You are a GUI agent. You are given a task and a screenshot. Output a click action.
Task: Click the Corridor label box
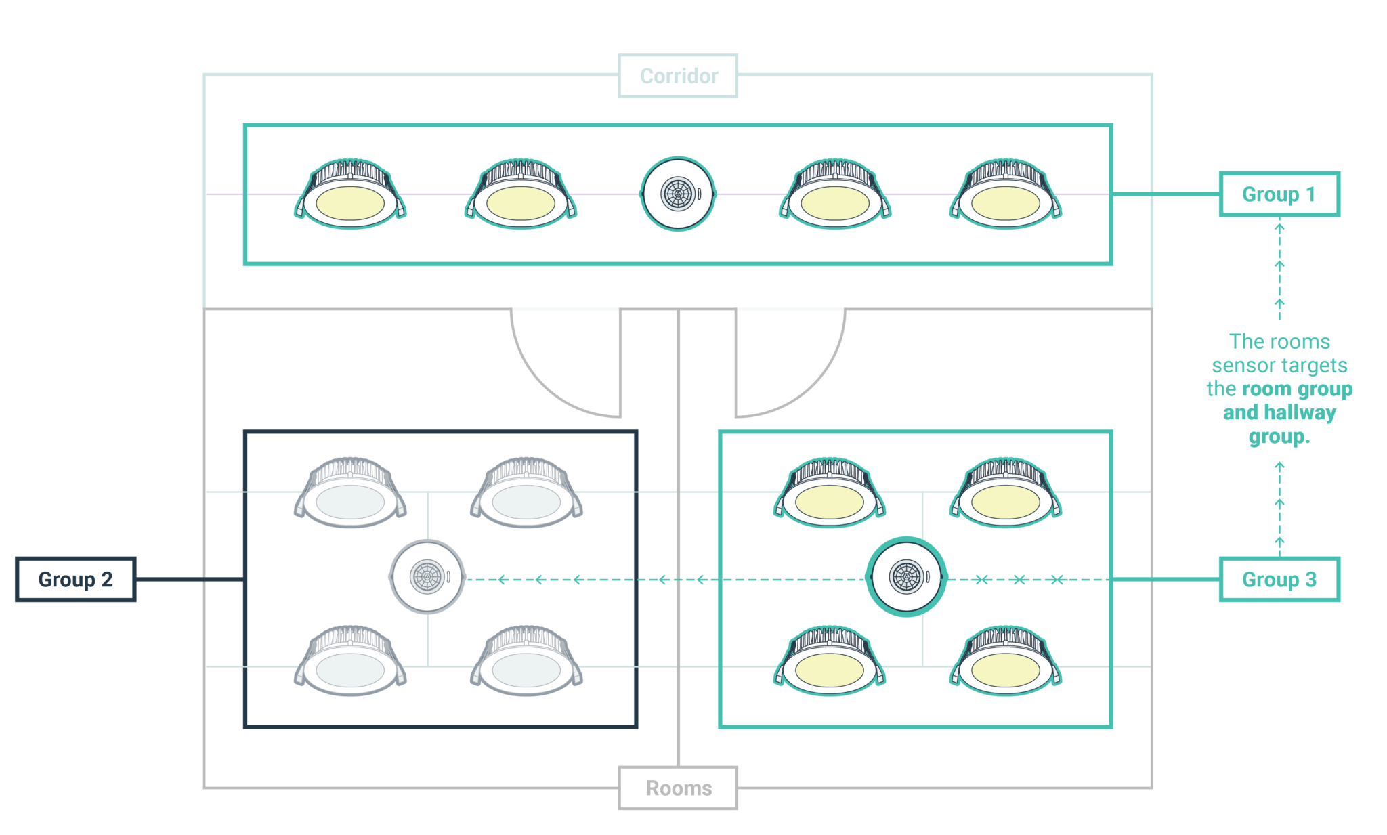tap(678, 76)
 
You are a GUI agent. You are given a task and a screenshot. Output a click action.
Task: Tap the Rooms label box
tap(678, 788)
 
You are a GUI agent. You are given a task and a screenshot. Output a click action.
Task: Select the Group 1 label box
tap(1279, 194)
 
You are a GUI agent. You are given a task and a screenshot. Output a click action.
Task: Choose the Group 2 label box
tap(75, 579)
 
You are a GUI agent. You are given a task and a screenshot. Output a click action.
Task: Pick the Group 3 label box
tap(1279, 579)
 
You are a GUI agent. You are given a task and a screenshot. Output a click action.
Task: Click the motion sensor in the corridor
tap(678, 194)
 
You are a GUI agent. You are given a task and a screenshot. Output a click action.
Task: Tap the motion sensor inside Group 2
tap(427, 577)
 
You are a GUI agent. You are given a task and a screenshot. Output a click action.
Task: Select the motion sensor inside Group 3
tap(906, 577)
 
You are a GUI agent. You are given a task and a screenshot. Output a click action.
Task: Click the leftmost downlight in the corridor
tap(350, 196)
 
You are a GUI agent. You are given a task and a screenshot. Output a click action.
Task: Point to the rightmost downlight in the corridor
tap(1006, 196)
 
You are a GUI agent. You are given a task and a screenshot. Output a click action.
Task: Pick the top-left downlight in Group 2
tap(350, 494)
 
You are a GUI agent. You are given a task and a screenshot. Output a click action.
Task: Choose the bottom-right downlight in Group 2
tap(526, 664)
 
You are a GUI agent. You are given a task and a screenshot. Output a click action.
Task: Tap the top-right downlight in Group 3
tap(1006, 494)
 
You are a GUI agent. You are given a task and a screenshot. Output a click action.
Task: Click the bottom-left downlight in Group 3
tap(830, 664)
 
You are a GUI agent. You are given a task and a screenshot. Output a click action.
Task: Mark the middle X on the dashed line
tap(1019, 579)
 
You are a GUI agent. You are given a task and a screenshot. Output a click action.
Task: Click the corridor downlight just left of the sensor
tap(521, 196)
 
